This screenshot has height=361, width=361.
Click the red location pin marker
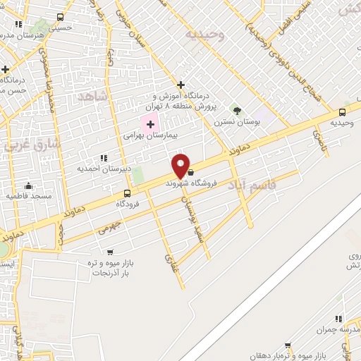pos(181,166)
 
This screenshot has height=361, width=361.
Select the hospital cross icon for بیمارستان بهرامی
pos(150,124)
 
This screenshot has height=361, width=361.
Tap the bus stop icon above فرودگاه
pos(127,193)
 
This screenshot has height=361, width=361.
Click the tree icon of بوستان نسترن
pos(237,110)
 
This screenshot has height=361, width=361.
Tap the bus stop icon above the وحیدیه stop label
pos(343,111)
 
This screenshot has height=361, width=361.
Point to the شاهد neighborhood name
pos(94,96)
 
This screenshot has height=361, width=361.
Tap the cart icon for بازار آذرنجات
pos(109,252)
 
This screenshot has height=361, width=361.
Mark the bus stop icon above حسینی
pos(60,17)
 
